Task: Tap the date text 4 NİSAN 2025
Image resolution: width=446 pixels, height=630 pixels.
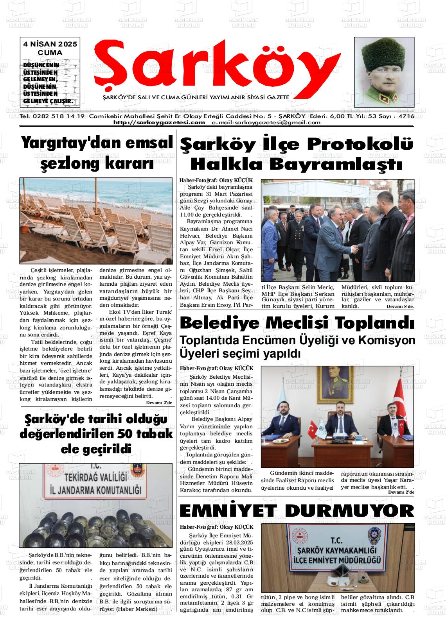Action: [50, 44]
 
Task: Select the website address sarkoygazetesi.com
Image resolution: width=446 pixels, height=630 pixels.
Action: [159, 122]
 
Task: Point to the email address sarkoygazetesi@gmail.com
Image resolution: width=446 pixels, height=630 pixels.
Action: [266, 122]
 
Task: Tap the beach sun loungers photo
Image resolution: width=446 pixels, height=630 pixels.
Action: [96, 220]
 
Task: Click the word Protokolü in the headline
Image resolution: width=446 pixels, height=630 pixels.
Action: [360, 144]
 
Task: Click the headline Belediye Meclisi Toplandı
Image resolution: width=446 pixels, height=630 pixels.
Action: [297, 323]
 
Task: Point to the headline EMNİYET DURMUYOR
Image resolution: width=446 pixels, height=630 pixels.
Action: [297, 510]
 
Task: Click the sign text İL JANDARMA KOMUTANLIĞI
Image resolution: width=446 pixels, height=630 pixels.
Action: [95, 489]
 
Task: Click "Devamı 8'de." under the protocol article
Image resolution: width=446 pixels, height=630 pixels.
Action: [400, 306]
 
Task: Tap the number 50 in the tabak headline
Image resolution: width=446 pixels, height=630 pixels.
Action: [127, 433]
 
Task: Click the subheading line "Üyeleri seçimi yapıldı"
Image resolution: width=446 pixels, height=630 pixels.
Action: [240, 354]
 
